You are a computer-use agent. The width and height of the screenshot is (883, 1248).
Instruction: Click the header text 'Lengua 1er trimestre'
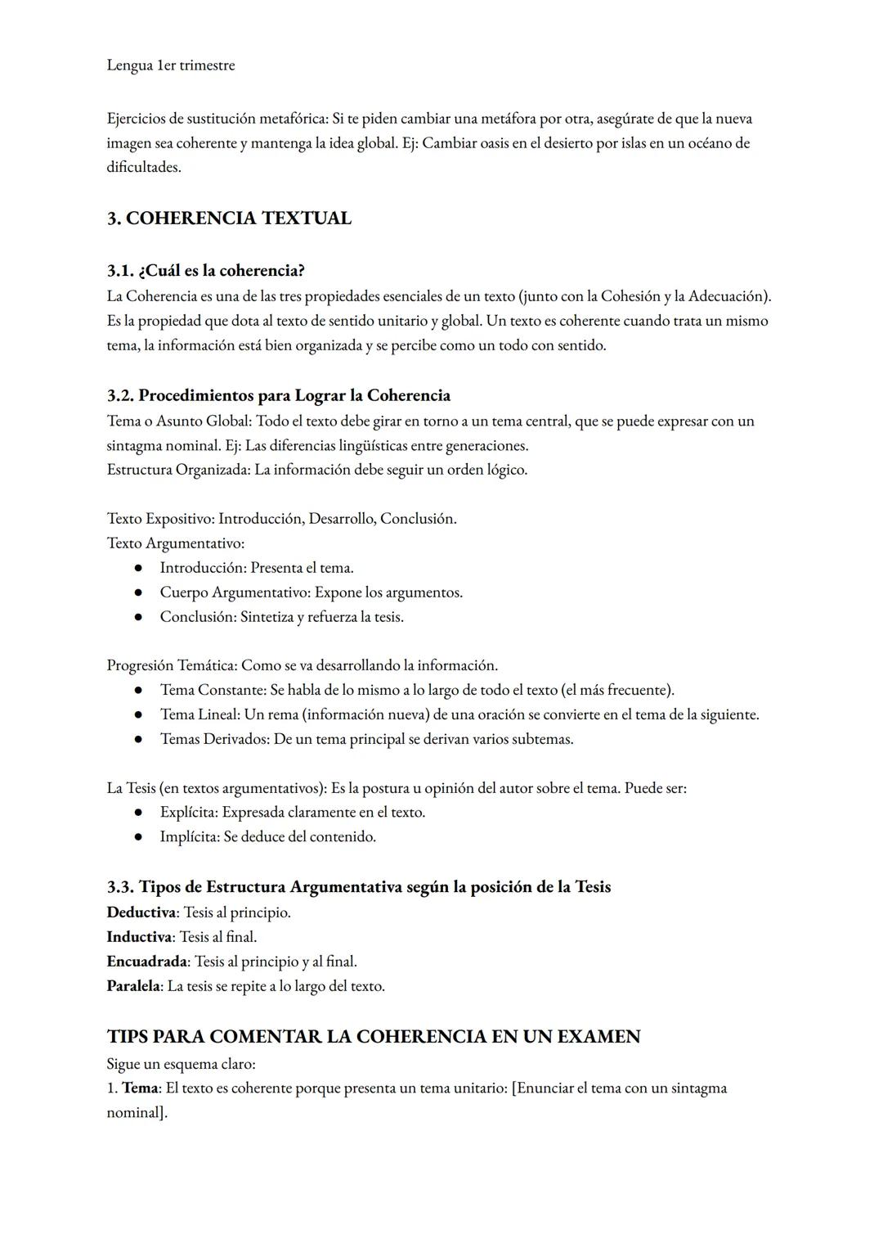[170, 65]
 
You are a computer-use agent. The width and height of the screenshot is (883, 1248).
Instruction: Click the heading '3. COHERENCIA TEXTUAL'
[229, 219]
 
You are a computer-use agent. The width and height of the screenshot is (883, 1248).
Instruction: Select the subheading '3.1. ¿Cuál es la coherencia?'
[205, 270]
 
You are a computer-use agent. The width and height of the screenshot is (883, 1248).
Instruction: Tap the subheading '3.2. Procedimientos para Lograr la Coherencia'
[278, 396]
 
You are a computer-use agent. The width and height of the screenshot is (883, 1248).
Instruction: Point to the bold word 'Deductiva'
[141, 912]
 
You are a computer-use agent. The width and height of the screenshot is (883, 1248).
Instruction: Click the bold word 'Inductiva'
[139, 937]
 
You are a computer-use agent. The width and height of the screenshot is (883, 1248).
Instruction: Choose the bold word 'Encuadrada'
[147, 962]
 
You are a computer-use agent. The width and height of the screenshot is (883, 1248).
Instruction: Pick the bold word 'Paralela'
[133, 986]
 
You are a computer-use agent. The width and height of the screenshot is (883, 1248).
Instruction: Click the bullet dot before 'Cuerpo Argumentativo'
[140, 592]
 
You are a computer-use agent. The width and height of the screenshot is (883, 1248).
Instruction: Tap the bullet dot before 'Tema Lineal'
[140, 715]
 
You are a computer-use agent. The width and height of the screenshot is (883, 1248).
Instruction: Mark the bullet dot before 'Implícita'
[140, 837]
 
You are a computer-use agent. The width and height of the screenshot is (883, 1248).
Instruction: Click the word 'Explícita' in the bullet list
[189, 813]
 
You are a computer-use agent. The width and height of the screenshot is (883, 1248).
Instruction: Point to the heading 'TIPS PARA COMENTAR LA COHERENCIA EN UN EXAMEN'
[374, 1037]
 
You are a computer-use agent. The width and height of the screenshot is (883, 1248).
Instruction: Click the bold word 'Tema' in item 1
[139, 1088]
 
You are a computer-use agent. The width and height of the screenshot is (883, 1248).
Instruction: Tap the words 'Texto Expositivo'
[159, 519]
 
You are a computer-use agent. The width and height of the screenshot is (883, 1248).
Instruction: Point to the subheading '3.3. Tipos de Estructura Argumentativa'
[358, 887]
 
